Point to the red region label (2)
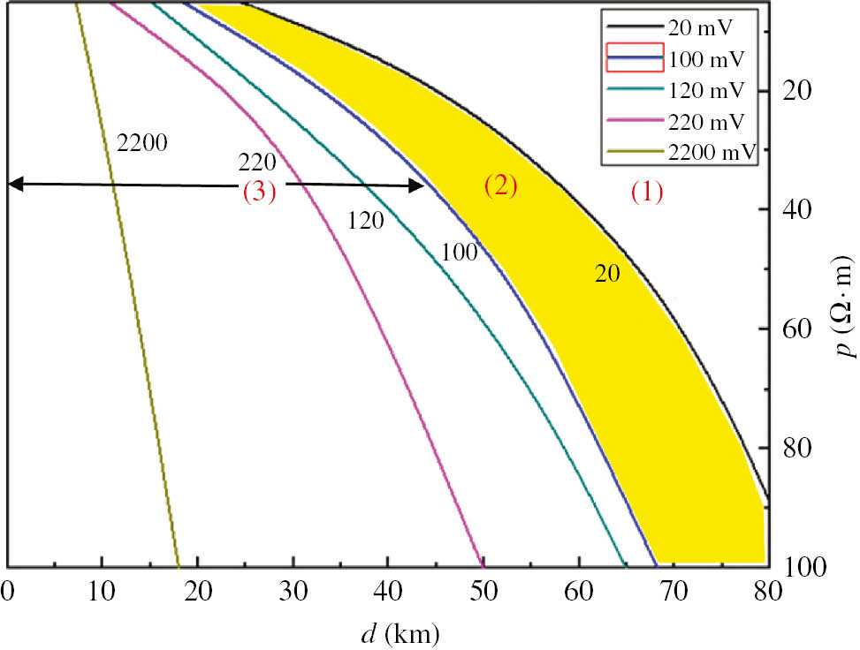pyautogui.click(x=500, y=185)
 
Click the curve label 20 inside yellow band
pyautogui.click(x=606, y=275)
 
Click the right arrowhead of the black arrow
pyautogui.click(x=417, y=185)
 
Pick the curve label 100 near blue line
pyautogui.click(x=459, y=253)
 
